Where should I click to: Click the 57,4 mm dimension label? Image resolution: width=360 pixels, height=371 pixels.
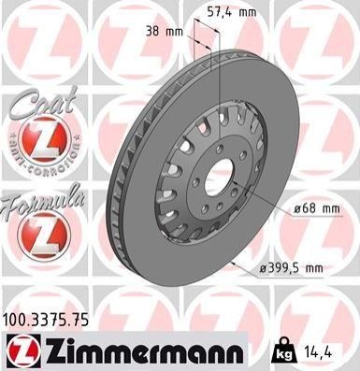tap(232, 12)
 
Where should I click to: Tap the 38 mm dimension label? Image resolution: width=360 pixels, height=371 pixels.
tap(165, 32)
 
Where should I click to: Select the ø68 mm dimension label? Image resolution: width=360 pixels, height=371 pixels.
tap(317, 208)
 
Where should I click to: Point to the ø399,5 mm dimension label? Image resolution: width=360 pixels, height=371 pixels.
tap(291, 267)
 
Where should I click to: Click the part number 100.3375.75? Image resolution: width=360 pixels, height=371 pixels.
tap(46, 321)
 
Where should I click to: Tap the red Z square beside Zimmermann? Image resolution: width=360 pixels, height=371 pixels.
tap(23, 350)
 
